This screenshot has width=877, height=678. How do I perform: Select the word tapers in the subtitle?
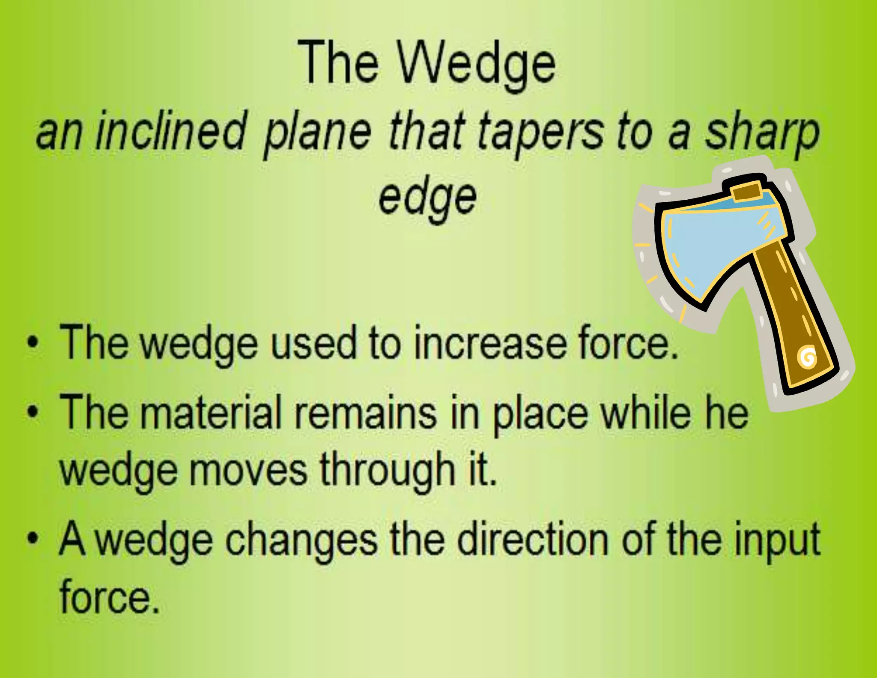tap(541, 131)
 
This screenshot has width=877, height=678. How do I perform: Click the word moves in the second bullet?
tap(248, 470)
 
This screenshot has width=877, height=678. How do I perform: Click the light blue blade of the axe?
tap(711, 244)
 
